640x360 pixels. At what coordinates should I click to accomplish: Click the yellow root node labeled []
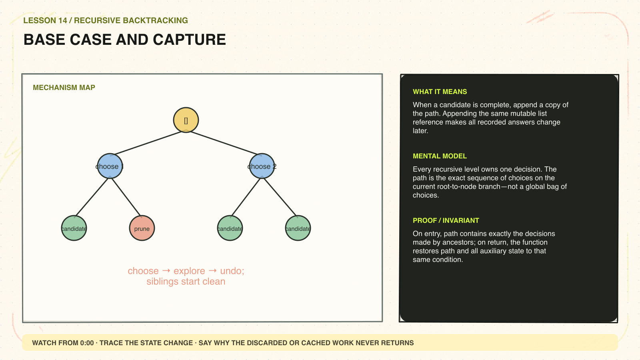pyautogui.click(x=186, y=120)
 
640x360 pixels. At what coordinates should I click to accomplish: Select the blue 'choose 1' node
pyautogui.click(x=110, y=166)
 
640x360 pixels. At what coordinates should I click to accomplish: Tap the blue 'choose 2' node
pyautogui.click(x=262, y=166)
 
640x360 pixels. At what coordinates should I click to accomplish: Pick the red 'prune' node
pyautogui.click(x=142, y=228)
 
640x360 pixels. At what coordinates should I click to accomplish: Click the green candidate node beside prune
pyautogui.click(x=74, y=228)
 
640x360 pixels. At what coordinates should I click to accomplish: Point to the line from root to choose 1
pyautogui.click(x=148, y=143)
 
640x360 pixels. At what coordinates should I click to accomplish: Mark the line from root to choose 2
pyautogui.click(x=224, y=143)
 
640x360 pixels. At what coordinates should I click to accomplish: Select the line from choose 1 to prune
pyautogui.click(x=126, y=197)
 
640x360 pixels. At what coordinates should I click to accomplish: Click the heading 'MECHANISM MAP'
pyautogui.click(x=64, y=88)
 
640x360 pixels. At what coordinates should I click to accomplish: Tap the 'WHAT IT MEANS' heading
pyautogui.click(x=440, y=92)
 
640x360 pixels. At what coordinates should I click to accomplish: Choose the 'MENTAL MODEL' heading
pyautogui.click(x=440, y=156)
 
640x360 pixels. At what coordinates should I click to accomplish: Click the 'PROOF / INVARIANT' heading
pyautogui.click(x=446, y=220)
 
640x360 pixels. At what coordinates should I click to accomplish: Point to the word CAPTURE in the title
pyautogui.click(x=190, y=40)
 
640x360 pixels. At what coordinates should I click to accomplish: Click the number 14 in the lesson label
pyautogui.click(x=62, y=20)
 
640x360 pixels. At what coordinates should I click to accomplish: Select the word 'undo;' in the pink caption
pyautogui.click(x=232, y=271)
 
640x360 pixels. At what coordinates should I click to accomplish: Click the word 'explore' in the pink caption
pyautogui.click(x=189, y=271)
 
